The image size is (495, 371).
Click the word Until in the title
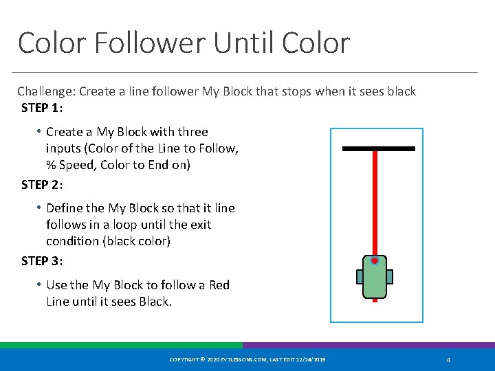(243, 43)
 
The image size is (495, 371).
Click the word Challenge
(47, 91)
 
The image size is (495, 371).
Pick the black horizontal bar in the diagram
(378, 148)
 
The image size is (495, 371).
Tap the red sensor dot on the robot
(375, 261)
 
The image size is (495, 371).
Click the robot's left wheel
(360, 276)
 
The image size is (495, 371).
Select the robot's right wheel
(390, 276)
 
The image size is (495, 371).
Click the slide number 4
(448, 360)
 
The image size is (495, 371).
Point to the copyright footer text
(247, 360)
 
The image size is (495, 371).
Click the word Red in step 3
(219, 284)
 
